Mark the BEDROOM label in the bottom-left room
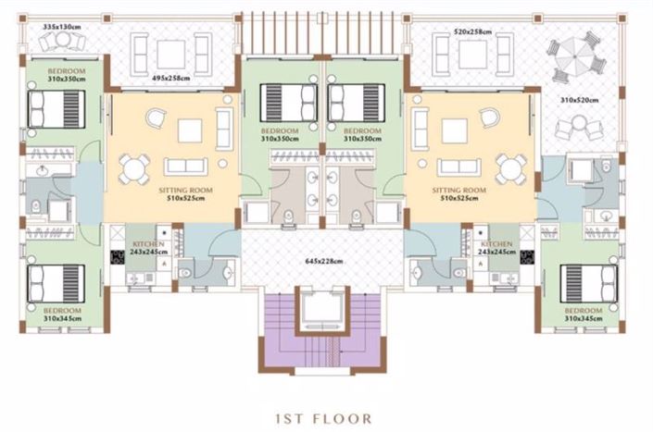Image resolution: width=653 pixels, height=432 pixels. click(62, 310)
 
